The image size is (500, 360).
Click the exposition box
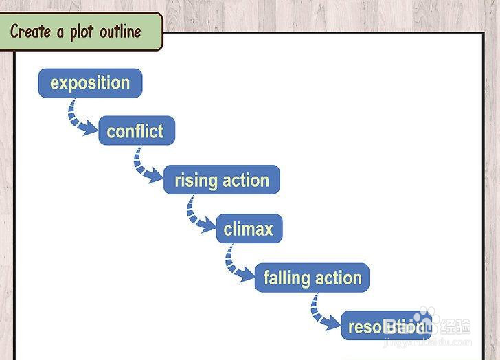point(90,83)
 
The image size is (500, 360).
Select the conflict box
point(136,131)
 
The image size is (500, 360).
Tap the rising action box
point(221,181)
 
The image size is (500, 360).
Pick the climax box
point(249,229)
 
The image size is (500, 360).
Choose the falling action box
point(312,278)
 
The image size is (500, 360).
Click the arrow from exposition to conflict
point(80,117)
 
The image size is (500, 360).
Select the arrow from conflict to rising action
point(145,166)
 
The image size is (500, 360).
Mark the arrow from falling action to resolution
point(321,313)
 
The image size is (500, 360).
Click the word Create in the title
point(31,32)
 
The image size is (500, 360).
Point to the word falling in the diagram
point(285,278)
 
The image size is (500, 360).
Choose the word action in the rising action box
point(245,181)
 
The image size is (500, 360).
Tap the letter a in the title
point(60,32)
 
